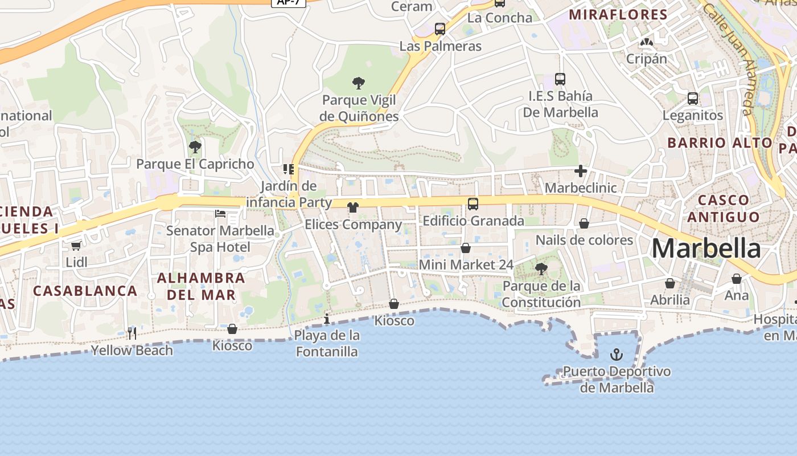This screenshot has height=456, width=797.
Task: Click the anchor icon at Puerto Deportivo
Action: pyautogui.click(x=616, y=355)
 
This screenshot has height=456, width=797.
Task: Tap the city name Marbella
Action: pyautogui.click(x=706, y=249)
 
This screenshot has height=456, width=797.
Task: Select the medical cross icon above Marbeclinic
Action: pyautogui.click(x=581, y=171)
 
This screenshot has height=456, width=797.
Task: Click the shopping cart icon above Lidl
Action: pyautogui.click(x=76, y=246)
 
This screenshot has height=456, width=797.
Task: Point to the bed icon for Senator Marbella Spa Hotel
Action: pyautogui.click(x=220, y=214)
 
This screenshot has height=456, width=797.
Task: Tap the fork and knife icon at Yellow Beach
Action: pyautogui.click(x=132, y=333)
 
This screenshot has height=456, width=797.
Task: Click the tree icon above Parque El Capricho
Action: pyautogui.click(x=195, y=147)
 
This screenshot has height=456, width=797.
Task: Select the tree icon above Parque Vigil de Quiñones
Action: pyautogui.click(x=358, y=83)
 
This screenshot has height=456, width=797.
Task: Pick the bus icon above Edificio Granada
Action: pyautogui.click(x=473, y=203)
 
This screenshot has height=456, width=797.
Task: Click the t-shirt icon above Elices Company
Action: pyautogui.click(x=353, y=207)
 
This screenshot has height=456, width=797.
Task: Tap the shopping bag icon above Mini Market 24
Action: pyautogui.click(x=466, y=248)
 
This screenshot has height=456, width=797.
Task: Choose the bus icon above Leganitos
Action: pyautogui.click(x=692, y=98)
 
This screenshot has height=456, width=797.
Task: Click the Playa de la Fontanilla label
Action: pyautogui.click(x=327, y=343)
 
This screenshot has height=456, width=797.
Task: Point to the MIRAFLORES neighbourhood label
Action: pyautogui.click(x=618, y=15)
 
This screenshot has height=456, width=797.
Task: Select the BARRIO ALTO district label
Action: pyautogui.click(x=720, y=142)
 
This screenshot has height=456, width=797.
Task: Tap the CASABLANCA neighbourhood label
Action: pyautogui.click(x=85, y=291)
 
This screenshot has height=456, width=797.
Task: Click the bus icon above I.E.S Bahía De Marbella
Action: pyautogui.click(x=560, y=79)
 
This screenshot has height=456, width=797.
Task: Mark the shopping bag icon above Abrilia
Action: pyautogui.click(x=670, y=283)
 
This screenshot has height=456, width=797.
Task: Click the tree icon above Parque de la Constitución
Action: pyautogui.click(x=541, y=268)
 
